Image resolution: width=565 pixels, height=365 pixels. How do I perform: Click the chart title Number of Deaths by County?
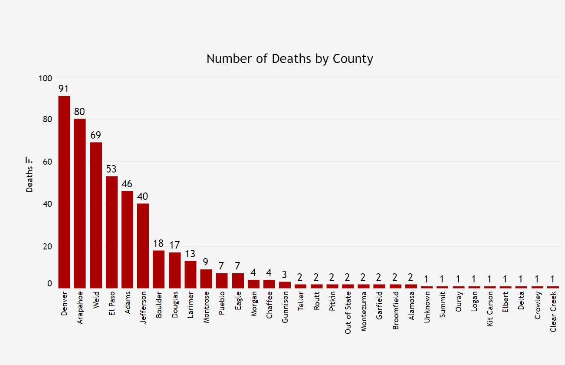(x=289, y=59)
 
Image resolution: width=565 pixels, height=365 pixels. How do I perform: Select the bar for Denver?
(x=64, y=191)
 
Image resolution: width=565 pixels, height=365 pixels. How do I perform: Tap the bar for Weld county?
(x=96, y=215)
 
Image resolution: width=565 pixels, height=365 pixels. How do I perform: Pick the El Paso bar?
(x=112, y=232)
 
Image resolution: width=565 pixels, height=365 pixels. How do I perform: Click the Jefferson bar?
(x=143, y=246)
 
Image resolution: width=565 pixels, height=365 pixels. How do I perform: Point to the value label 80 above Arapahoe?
(x=79, y=112)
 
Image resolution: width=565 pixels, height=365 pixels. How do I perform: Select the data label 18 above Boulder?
(x=158, y=243)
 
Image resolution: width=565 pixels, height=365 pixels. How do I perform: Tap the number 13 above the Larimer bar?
(x=190, y=254)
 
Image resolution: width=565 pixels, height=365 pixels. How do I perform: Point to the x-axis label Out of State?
(x=348, y=312)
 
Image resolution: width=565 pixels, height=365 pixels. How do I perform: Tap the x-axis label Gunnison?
(x=285, y=308)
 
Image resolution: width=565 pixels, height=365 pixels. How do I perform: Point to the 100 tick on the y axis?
(x=45, y=78)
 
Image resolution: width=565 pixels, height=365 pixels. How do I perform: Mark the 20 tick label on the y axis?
(x=47, y=247)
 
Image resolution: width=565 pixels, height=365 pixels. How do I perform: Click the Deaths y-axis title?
(x=30, y=179)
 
